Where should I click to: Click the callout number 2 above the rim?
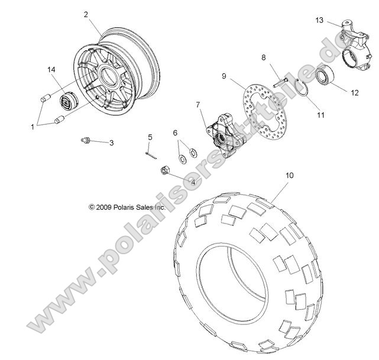point(87,14)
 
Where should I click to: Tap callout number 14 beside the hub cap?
point(52,70)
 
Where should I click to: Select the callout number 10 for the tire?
point(290,176)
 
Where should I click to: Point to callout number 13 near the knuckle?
point(319,20)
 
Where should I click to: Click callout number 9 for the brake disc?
point(225,76)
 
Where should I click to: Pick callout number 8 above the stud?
point(264,57)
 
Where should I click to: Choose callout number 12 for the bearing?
point(355,92)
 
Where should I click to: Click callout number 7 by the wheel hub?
point(199,105)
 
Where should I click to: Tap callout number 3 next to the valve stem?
point(112,143)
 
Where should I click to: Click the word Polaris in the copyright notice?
point(125,207)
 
